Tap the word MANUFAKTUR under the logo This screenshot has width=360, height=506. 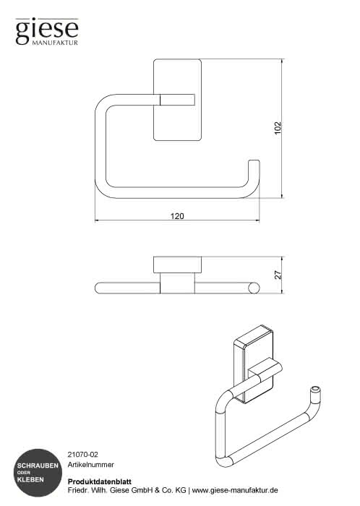[55, 43]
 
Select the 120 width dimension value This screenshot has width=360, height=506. [177, 216]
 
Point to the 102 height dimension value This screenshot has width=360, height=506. [278, 128]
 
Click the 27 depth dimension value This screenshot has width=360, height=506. [278, 275]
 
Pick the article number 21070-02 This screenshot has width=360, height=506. [83, 455]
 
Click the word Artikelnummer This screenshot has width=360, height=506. [90, 465]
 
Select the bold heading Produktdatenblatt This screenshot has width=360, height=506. [100, 481]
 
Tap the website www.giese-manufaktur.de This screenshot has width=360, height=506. [235, 490]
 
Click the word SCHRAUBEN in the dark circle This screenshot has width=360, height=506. [38, 466]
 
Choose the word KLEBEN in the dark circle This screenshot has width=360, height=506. [30, 480]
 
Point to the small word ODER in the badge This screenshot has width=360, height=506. [24, 473]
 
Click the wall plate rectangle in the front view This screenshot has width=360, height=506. [177, 100]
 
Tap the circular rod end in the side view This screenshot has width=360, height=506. [254, 288]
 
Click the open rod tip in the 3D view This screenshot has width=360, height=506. [315, 390]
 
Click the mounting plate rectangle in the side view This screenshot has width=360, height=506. [177, 265]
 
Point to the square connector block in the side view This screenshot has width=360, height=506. [177, 283]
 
